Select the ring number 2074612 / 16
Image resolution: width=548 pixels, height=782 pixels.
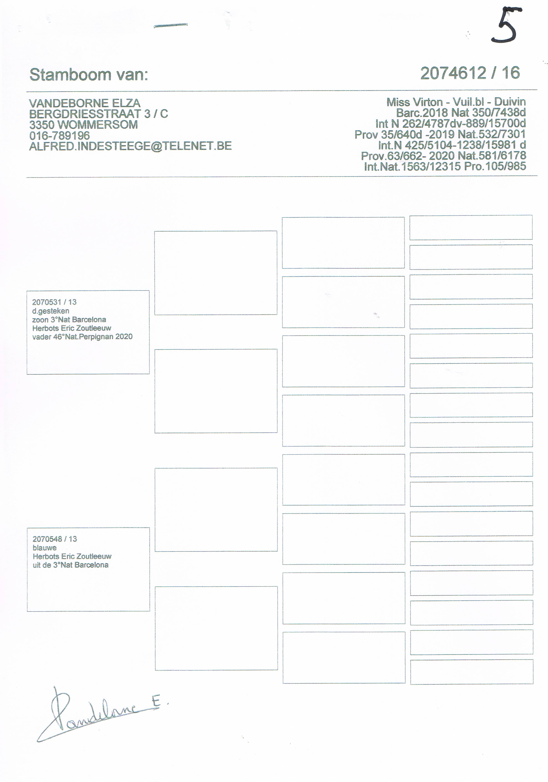point(470,73)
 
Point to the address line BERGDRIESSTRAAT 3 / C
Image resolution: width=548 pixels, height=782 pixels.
point(98,114)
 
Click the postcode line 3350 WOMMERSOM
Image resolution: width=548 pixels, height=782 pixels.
point(83,125)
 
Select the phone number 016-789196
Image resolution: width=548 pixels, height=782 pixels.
point(60,136)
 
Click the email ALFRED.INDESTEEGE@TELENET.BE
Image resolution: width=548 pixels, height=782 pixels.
point(130,146)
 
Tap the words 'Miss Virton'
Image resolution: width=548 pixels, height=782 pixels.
point(414,102)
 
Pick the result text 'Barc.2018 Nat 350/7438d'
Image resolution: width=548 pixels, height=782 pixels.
point(461,112)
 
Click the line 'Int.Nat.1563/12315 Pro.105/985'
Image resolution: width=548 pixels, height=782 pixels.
point(445,167)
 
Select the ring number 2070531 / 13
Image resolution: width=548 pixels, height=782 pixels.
point(54,302)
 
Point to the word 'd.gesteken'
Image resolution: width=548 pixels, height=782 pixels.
point(51,311)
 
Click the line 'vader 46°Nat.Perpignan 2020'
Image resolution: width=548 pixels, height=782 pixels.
point(82,337)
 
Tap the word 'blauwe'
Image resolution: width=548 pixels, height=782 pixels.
point(45,548)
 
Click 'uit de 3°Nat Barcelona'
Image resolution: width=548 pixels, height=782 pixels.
point(71,565)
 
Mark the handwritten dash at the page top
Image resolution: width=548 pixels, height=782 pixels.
point(171,25)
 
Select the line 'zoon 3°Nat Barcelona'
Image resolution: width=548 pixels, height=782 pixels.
point(69,320)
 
